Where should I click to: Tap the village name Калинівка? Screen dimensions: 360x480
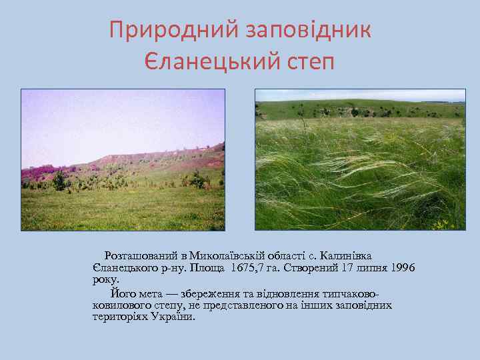point(345,256)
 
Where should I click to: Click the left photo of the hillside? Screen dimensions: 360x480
point(123,160)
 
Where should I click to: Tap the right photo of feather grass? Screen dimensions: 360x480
point(360,160)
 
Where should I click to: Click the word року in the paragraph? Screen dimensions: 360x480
point(105,280)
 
